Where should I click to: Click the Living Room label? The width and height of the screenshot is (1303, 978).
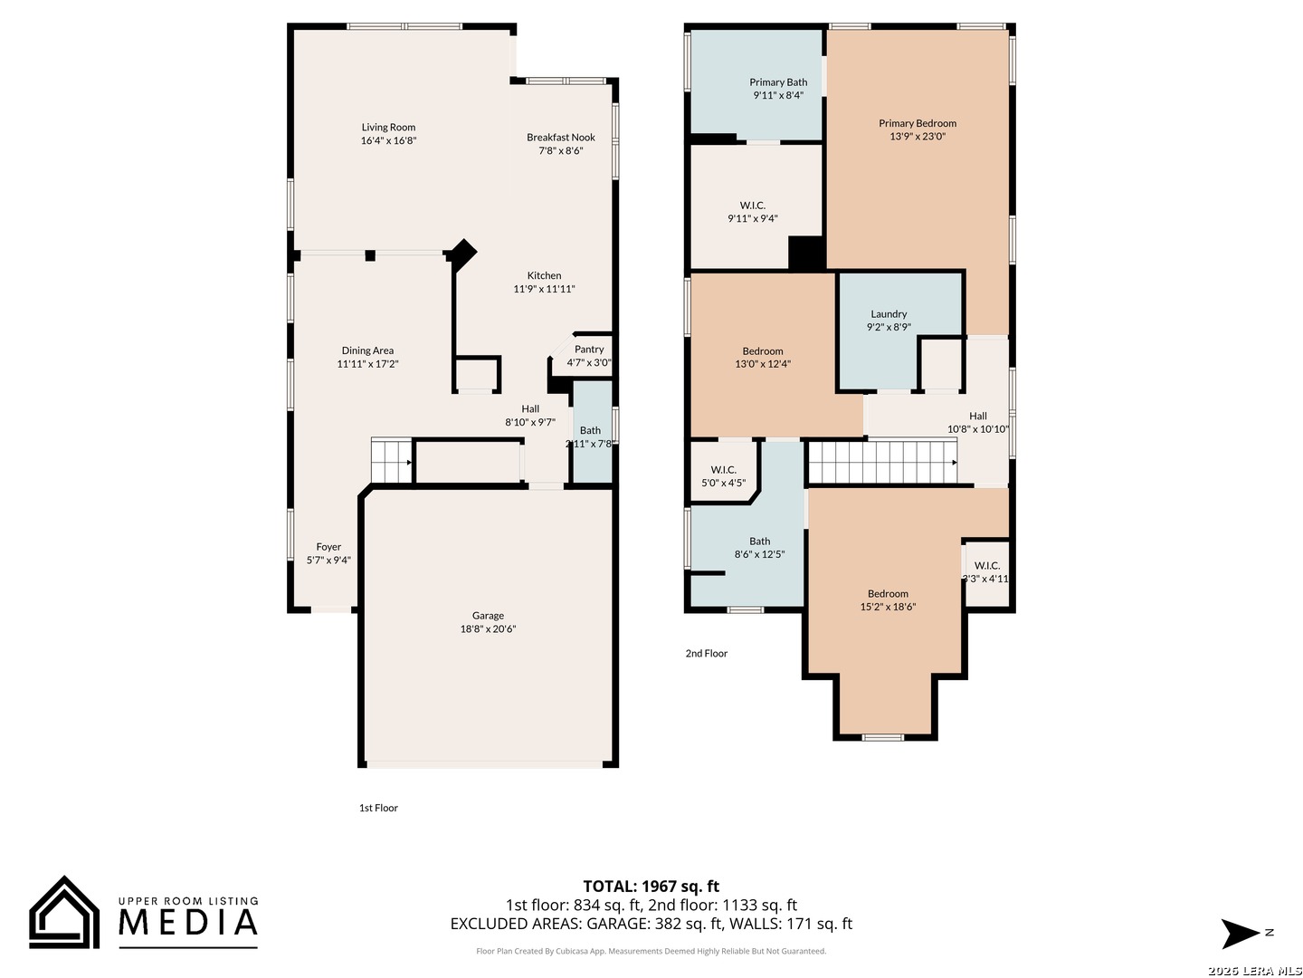(388, 128)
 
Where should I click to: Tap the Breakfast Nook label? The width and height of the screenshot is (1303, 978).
(561, 138)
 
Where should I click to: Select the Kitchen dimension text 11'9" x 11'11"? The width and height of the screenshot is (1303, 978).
(544, 289)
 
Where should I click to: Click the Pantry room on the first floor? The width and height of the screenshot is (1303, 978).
(589, 355)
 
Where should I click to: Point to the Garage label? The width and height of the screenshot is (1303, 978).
(488, 616)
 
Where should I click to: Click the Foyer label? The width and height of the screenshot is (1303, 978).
(328, 547)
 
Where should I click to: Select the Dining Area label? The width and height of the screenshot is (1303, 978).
(367, 350)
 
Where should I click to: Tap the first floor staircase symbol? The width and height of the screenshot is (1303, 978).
(391, 461)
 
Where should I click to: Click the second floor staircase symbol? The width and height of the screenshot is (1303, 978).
(881, 462)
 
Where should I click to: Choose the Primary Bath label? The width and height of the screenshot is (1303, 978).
(778, 82)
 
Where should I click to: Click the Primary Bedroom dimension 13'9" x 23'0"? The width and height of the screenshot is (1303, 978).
(918, 137)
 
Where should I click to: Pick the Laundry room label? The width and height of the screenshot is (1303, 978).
(889, 314)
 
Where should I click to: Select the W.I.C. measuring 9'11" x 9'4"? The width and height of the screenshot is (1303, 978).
(752, 212)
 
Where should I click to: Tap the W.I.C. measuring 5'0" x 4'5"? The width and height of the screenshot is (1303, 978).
(723, 476)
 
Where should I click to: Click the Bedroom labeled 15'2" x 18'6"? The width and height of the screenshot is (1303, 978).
(888, 600)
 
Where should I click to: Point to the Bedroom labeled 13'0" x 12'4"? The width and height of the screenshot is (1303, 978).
(763, 358)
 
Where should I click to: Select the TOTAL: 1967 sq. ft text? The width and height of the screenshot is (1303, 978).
(651, 887)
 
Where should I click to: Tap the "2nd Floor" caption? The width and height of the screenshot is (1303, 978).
(706, 653)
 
